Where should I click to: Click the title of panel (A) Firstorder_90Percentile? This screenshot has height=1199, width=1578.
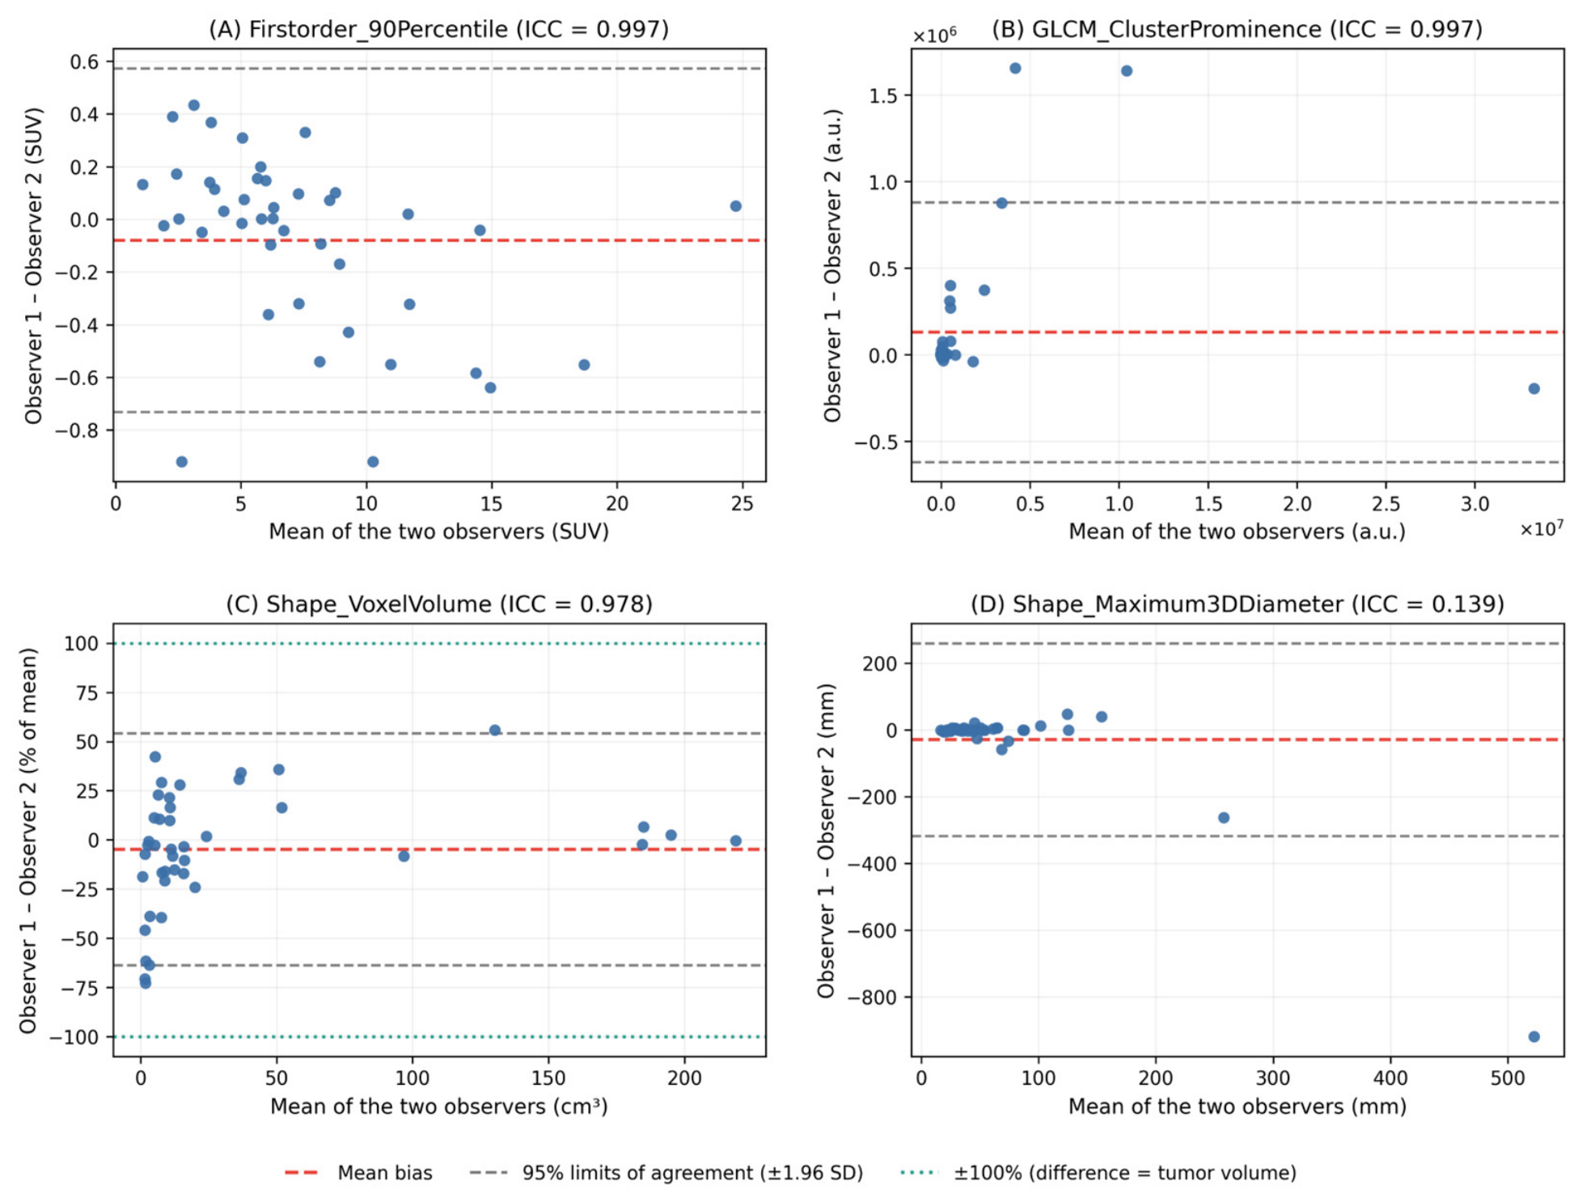click(438, 29)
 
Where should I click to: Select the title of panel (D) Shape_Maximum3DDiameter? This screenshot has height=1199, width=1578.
click(1237, 604)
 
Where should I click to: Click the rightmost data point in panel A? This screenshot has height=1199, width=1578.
click(735, 206)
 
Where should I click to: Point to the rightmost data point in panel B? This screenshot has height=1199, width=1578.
click(1534, 388)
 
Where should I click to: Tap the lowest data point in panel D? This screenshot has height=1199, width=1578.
click(1534, 1036)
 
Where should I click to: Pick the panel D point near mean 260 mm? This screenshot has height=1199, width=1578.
click(1224, 818)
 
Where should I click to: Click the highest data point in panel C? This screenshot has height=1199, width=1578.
click(495, 730)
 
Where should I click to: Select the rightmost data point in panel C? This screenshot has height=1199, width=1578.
click(735, 841)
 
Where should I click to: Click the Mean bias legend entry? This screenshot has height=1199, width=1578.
click(359, 1172)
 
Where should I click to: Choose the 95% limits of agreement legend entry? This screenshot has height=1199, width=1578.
click(666, 1172)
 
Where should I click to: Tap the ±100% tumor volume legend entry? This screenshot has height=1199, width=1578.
click(1098, 1172)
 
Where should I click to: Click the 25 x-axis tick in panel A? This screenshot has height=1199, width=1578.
click(742, 503)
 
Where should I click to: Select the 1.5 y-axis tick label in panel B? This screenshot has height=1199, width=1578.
click(883, 95)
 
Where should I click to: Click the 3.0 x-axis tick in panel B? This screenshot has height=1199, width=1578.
click(1474, 503)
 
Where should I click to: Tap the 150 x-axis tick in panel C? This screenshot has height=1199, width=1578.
click(548, 1078)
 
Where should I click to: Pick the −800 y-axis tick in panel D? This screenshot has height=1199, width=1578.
click(871, 998)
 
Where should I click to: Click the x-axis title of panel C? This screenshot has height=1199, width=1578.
click(438, 1106)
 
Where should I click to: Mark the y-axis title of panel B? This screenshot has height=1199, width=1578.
click(832, 265)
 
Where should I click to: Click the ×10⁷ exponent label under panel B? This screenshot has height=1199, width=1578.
click(1541, 527)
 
